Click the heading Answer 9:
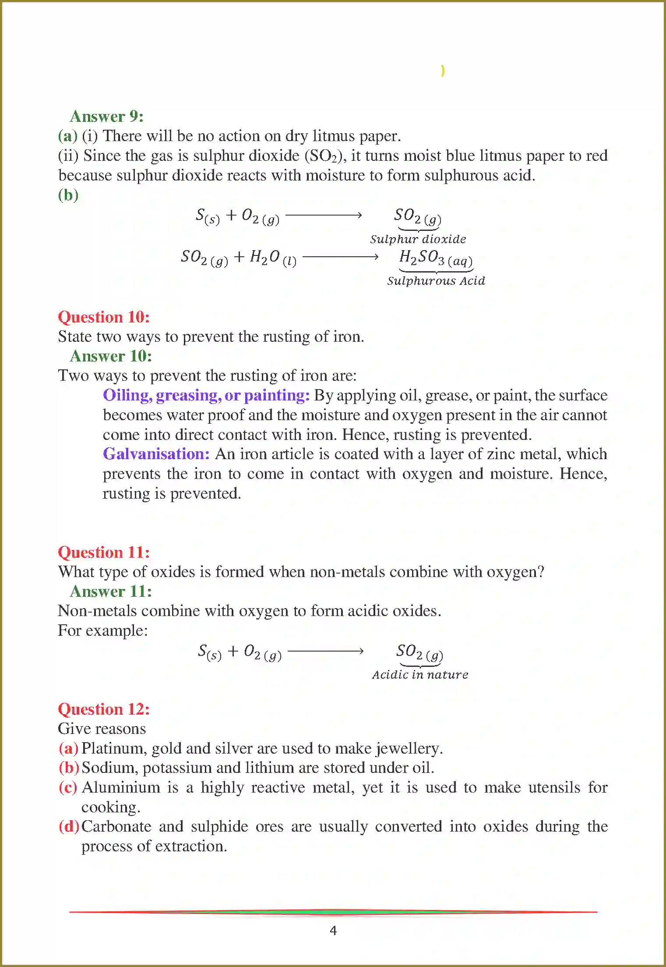click(106, 117)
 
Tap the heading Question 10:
click(104, 317)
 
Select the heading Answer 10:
click(111, 356)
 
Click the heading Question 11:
click(104, 552)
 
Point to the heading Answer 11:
click(111, 592)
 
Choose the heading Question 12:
click(104, 709)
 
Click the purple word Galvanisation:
click(156, 454)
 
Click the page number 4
click(333, 930)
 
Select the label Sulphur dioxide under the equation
click(418, 239)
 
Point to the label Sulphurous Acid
click(436, 281)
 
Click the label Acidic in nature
click(420, 675)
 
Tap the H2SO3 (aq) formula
click(436, 258)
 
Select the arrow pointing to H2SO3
click(341, 257)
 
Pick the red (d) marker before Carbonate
click(69, 826)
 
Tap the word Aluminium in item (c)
click(121, 787)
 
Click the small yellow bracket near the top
click(443, 71)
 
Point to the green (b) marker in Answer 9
click(68, 195)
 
